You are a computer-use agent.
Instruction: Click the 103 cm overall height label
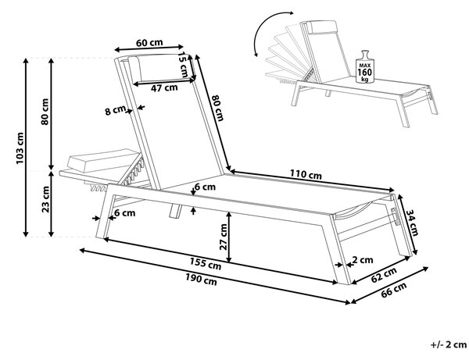20,148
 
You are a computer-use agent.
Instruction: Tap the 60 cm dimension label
149,43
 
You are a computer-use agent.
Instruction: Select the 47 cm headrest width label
164,87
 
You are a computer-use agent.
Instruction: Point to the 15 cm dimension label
182,65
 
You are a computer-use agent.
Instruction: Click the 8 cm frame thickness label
115,111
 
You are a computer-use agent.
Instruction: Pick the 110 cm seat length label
306,174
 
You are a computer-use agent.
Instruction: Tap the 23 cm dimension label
45,199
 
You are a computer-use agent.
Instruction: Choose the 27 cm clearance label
224,237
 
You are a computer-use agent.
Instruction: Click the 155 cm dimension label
206,264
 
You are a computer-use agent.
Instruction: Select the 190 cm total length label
201,280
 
